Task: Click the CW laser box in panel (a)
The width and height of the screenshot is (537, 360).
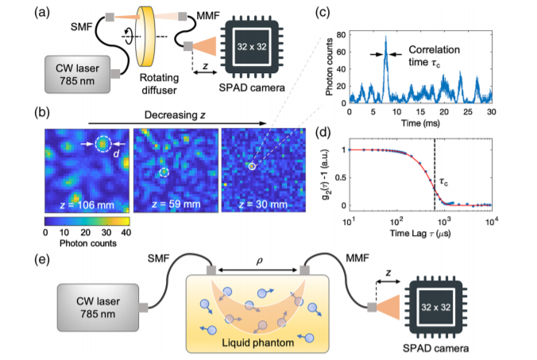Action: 77,75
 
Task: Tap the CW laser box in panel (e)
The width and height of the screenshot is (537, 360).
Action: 98,308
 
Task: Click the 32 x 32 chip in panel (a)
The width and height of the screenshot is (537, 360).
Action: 252,47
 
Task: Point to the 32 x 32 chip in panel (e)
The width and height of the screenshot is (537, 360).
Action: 435,307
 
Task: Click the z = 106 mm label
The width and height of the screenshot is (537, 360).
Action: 87,205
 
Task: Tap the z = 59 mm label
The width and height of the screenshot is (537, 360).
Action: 176,204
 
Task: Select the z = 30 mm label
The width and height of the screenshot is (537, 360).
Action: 263,204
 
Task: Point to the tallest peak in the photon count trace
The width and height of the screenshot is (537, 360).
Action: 385,37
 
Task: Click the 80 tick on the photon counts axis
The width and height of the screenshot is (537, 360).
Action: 341,35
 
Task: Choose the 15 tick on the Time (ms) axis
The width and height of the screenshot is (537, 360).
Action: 420,112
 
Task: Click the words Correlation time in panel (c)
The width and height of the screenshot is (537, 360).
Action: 435,56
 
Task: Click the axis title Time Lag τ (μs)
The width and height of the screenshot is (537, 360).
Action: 420,234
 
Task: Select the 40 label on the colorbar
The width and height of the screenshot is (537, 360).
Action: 126,233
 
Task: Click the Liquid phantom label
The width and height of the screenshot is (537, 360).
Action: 258,343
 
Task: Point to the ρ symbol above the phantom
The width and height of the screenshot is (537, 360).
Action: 259,261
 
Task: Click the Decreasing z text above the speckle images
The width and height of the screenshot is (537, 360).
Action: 175,114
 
